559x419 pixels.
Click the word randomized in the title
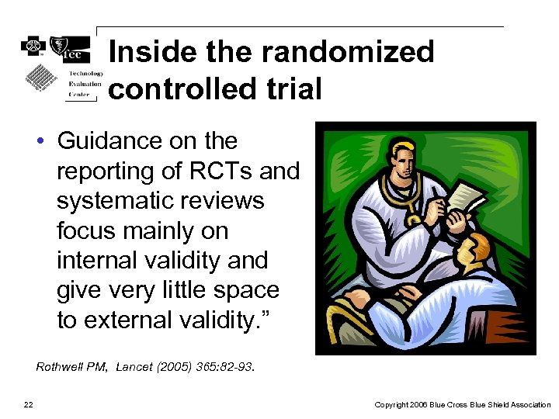point(348,52)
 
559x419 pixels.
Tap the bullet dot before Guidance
point(39,142)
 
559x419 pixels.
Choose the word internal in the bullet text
point(99,260)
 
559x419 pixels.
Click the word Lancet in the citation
point(135,366)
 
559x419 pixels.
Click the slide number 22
point(28,404)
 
